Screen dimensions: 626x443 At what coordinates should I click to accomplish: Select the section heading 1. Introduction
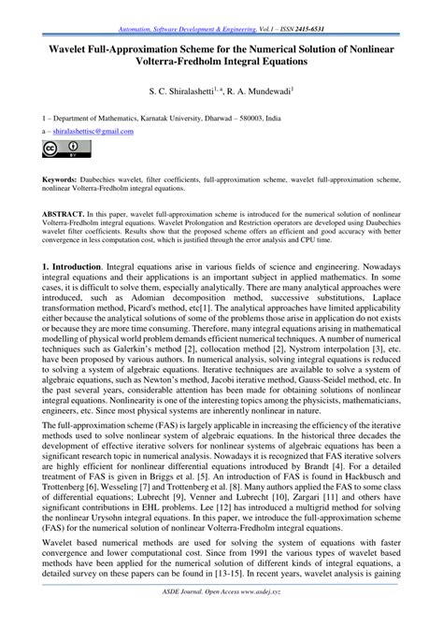(x=54, y=267)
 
